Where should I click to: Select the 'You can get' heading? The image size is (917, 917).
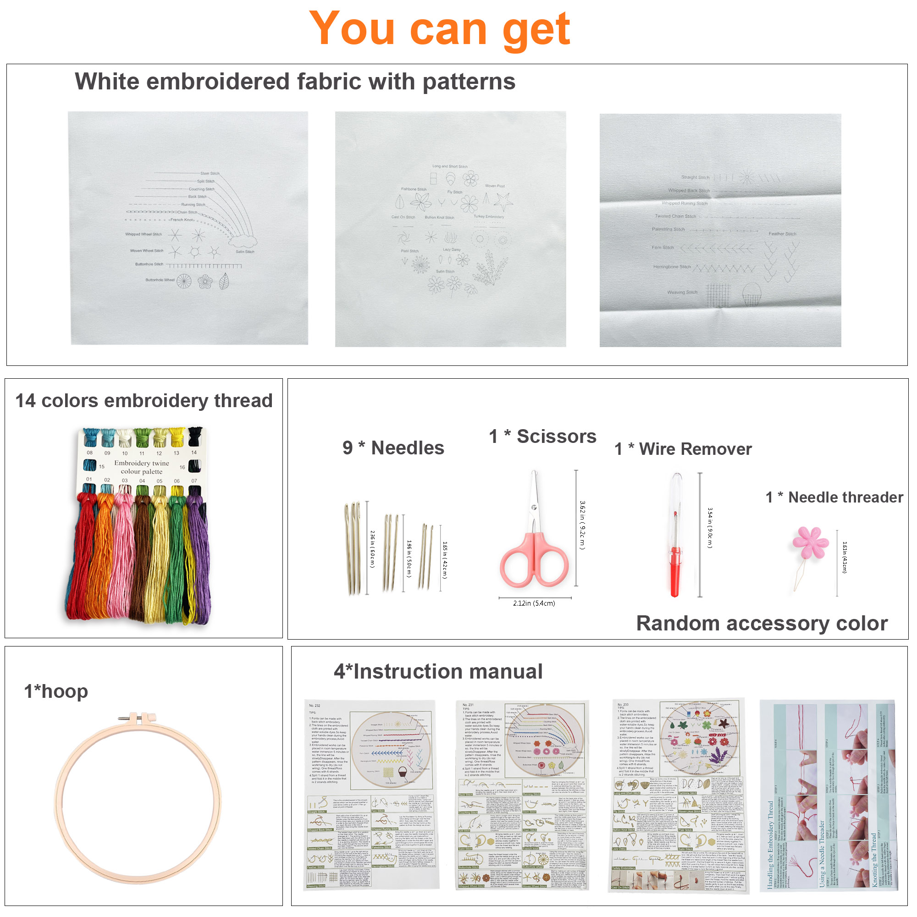coord(439,29)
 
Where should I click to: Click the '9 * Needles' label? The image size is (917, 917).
coord(393,447)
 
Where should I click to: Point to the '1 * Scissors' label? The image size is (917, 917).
coord(542,436)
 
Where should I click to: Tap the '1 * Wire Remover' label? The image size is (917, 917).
coord(683,448)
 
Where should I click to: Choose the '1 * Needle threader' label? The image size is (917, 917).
coord(834,497)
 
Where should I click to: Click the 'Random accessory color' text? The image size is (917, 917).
coord(761,623)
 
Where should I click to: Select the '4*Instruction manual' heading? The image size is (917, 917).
coord(438,671)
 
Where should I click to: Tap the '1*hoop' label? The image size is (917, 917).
coord(56,691)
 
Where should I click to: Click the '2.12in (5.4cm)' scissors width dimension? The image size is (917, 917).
coord(534,603)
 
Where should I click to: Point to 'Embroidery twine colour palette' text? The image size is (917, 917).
coord(141,467)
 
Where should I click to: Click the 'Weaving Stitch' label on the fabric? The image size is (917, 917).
coord(682,293)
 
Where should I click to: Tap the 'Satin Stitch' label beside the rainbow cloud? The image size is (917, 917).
coord(245,252)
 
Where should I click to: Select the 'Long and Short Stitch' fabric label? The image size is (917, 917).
coord(449,166)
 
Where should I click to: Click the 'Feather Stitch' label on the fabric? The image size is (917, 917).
coord(782,234)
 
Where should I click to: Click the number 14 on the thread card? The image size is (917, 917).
coord(193,453)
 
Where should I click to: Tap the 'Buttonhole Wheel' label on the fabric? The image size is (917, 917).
coord(160,280)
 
